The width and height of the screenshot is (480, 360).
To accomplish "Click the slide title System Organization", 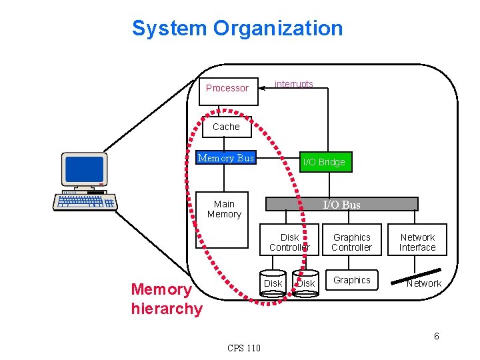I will [x=237, y=29].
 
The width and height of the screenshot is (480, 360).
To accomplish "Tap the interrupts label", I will [x=294, y=84].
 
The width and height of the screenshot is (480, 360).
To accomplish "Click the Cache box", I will [x=226, y=127].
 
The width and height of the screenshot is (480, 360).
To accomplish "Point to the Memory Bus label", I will [x=226, y=158].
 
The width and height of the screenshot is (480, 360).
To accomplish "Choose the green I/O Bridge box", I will [x=323, y=162].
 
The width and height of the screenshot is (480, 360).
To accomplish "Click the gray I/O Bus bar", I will [x=341, y=205].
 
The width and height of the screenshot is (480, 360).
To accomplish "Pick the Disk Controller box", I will [x=289, y=242].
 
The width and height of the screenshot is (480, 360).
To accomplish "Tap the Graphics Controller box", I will [x=351, y=242].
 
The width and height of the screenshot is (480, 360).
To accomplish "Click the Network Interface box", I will [x=417, y=242].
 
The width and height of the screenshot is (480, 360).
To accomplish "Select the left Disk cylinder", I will [x=273, y=283].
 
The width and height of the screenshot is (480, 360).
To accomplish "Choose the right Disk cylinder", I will [x=305, y=283].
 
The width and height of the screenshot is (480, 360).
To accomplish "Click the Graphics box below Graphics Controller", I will [x=351, y=281].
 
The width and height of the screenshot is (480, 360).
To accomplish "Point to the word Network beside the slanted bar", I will [x=424, y=284].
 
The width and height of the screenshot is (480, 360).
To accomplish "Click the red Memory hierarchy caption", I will [x=166, y=299].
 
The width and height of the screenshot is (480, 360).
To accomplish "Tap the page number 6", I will [x=437, y=336].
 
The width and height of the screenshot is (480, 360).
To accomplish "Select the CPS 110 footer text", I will [x=244, y=348].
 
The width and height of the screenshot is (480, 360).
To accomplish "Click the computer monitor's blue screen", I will [x=84, y=169].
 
